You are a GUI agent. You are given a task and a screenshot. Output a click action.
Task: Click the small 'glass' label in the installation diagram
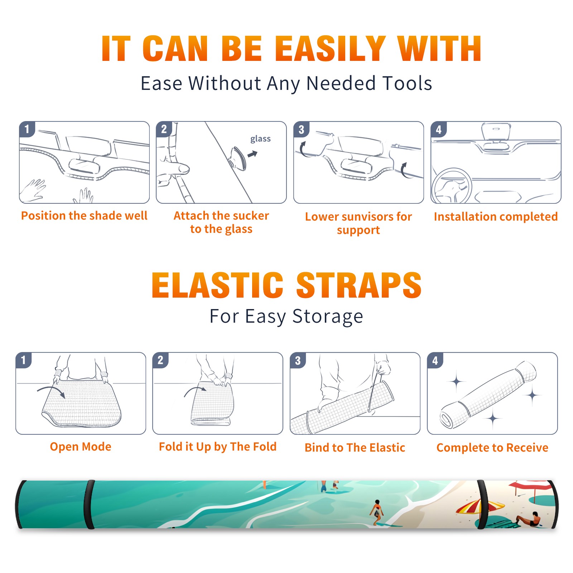click(x=260, y=139)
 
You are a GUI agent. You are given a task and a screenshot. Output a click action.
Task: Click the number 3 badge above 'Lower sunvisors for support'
click(x=301, y=129)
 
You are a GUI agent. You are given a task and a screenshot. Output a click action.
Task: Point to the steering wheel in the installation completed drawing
click(x=452, y=186)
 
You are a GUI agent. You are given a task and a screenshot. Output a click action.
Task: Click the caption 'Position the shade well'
click(x=84, y=216)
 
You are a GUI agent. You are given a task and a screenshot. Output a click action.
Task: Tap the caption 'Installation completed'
click(x=496, y=217)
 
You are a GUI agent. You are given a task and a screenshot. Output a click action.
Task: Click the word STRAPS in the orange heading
click(x=359, y=285)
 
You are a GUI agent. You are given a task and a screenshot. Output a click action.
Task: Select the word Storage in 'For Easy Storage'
click(x=328, y=317)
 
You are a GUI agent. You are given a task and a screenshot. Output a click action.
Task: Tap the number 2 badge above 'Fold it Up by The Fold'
click(x=160, y=360)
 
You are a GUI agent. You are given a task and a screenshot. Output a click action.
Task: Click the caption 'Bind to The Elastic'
click(x=355, y=448)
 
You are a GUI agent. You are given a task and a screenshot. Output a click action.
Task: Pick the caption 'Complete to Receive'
click(x=492, y=448)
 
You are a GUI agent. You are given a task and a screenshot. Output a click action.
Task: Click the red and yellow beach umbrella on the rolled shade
click(x=480, y=506)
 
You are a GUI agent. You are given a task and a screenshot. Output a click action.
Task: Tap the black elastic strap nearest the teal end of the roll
click(x=89, y=504)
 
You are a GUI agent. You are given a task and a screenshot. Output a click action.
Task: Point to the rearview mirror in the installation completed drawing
click(x=496, y=133)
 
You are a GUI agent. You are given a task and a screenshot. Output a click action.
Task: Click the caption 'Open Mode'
click(x=81, y=447)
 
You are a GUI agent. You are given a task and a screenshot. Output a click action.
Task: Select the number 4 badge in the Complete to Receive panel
click(x=435, y=360)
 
